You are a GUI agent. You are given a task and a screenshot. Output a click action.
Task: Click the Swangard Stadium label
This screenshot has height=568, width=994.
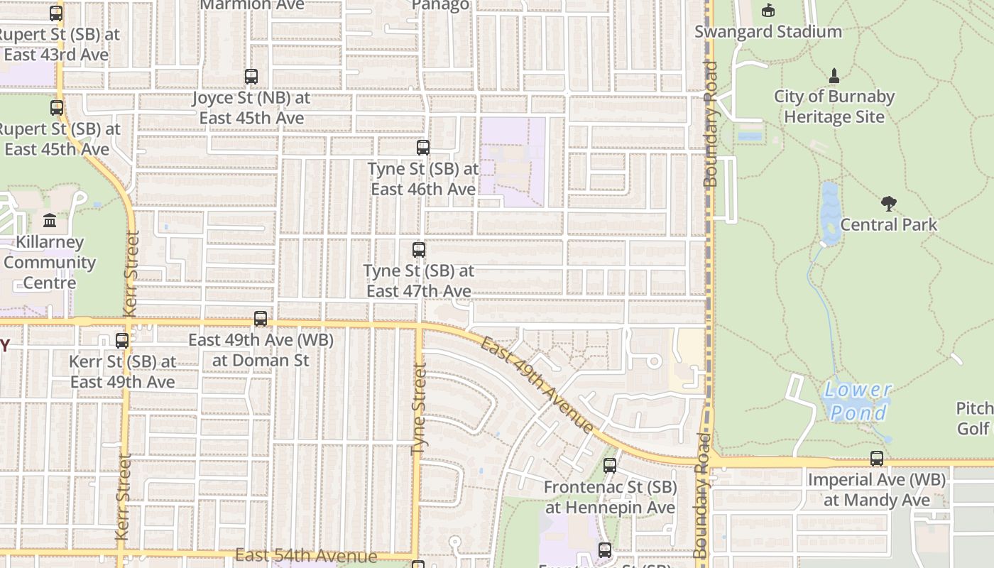point(768,32)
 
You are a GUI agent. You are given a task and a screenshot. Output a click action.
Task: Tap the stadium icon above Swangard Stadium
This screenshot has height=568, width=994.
point(768,11)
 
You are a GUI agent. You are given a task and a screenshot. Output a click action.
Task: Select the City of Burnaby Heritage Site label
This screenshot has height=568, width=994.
point(834,106)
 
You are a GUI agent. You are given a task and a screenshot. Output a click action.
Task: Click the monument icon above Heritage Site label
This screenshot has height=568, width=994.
point(834,75)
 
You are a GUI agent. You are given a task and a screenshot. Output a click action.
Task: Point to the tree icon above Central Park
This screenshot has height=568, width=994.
point(888,204)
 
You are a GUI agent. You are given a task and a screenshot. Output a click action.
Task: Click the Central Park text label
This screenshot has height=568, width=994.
point(888,225)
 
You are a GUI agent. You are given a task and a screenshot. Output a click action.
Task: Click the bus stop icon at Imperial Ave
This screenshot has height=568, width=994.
point(877,459)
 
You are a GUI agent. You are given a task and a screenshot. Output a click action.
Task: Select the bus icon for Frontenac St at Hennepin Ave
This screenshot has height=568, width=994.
point(609,466)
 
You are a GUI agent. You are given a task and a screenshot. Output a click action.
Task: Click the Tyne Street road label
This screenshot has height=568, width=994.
point(419,409)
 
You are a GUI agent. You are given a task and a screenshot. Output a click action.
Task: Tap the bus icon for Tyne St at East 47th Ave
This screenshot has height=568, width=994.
point(419,250)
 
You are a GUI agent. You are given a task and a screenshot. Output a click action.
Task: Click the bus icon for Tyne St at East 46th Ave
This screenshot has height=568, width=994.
point(423,148)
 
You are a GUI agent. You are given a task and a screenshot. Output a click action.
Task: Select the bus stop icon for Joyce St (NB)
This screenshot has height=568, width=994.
point(251,77)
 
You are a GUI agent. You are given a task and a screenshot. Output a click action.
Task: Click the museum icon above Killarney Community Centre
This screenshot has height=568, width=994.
point(50,221)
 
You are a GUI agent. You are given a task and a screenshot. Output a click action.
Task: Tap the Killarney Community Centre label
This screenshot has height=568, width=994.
point(50,263)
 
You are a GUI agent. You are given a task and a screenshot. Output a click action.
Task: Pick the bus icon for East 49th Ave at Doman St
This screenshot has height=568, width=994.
point(261,319)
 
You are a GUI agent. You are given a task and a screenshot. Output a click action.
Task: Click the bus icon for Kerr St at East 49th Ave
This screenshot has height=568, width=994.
point(122,341)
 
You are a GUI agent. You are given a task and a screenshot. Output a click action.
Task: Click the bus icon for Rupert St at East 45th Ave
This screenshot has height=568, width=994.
point(57,108)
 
